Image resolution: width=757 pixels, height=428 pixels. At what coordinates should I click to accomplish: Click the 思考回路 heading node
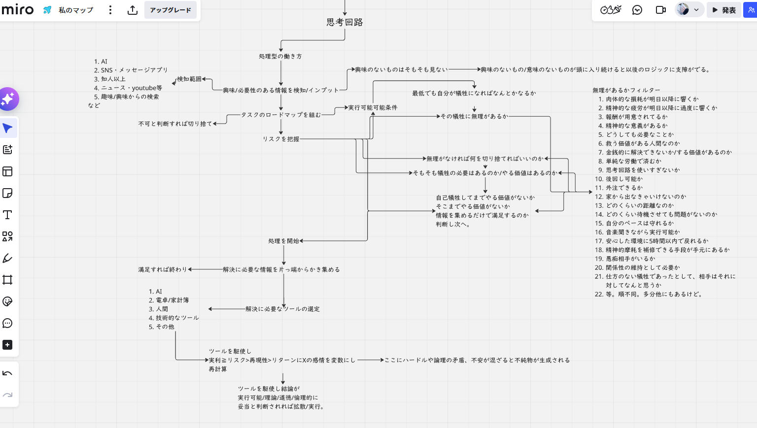(344, 22)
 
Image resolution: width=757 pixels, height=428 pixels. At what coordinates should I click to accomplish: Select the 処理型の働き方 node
(280, 57)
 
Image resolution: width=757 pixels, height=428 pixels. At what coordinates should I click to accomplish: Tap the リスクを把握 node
(281, 139)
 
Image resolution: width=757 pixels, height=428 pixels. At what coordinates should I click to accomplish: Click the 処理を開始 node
(283, 241)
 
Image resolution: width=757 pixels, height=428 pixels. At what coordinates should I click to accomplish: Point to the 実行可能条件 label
(373, 107)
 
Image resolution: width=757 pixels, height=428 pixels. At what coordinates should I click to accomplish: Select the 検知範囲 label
(189, 79)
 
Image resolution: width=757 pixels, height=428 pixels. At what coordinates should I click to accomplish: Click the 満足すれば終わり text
(163, 269)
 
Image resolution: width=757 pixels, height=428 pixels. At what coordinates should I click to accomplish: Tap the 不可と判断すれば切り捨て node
(175, 124)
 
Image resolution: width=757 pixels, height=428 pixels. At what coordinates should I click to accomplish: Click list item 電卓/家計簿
(172, 300)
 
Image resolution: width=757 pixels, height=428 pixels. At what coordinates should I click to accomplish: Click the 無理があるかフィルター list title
(626, 90)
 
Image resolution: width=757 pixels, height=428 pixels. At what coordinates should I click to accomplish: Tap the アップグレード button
(171, 10)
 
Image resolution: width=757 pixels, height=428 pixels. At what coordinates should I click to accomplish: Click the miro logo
(18, 9)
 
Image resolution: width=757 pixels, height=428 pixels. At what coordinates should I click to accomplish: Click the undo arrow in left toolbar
(7, 373)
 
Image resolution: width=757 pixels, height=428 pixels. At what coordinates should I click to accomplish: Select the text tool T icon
(7, 215)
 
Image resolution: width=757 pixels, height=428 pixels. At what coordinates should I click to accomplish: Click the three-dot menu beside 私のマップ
(110, 10)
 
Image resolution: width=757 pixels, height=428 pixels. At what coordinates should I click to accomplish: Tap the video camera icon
(661, 10)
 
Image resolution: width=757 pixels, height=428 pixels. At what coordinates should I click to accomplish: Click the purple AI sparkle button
(8, 99)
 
